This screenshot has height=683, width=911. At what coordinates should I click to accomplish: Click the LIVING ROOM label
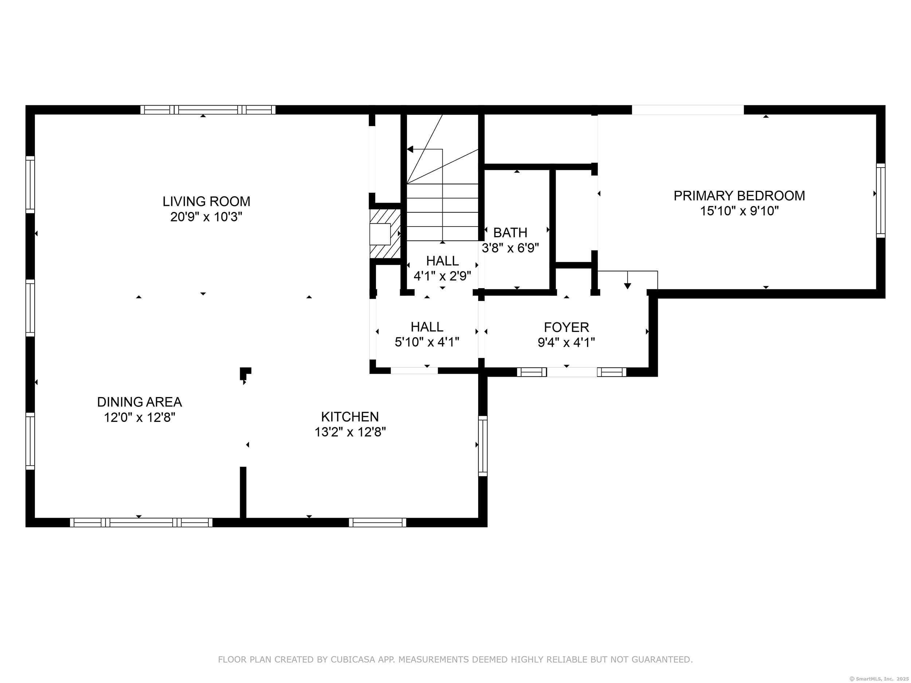[x=206, y=201]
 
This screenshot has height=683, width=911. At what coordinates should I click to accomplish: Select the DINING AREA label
[x=140, y=402]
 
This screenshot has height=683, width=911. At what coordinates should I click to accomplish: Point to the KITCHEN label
[x=350, y=417]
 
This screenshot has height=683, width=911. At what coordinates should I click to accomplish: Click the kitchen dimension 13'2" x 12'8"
[x=350, y=432]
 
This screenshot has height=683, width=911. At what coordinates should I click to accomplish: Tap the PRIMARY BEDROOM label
[x=739, y=196]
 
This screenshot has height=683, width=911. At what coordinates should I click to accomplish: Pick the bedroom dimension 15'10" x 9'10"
[x=739, y=211]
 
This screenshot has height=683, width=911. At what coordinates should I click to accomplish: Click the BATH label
[x=510, y=233]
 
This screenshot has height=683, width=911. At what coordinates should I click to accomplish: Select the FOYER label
[x=566, y=327]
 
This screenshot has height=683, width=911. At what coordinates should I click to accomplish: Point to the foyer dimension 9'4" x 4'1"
[x=566, y=342]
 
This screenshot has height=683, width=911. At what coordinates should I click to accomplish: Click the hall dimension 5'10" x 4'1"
[x=427, y=342]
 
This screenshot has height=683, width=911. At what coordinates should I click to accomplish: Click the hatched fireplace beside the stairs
[x=385, y=233]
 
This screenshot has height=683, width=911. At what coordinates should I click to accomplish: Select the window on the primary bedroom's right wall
[x=880, y=200]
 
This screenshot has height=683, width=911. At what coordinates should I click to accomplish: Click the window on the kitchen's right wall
[x=483, y=446]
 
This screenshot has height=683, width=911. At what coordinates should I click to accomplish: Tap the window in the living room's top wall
[x=208, y=110]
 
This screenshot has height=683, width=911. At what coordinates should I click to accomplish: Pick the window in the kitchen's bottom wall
[x=378, y=522]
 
